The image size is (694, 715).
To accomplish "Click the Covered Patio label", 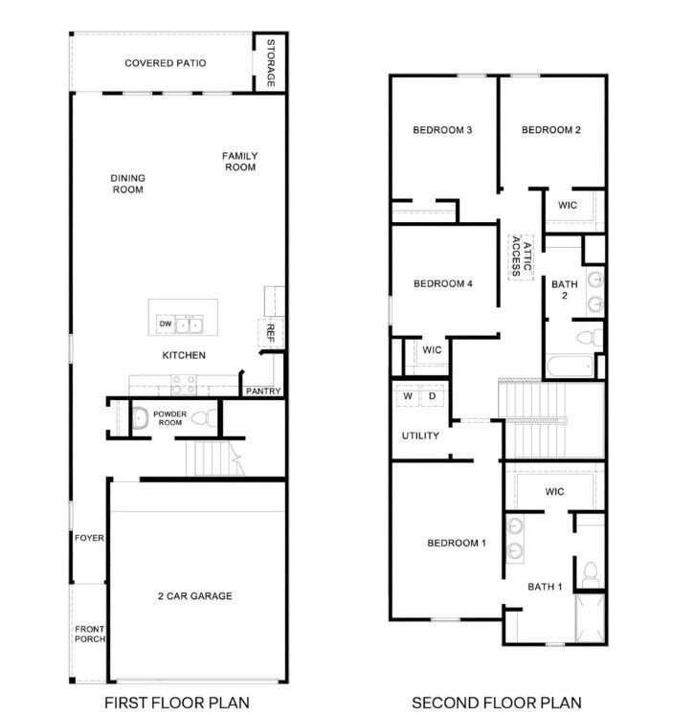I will point(165,63).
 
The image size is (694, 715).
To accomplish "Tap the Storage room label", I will point(271,63).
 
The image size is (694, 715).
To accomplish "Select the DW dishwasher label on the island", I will point(165,324).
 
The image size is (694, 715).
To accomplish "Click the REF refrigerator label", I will point(271,332).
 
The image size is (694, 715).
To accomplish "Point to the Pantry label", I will point(262,391).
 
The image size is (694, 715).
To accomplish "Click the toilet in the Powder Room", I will point(203,417).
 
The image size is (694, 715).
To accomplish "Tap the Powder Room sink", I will point(138,417).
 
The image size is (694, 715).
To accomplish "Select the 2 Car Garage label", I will point(195,596).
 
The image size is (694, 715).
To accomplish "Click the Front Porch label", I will point(90,633).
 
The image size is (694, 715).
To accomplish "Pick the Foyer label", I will point(89,538).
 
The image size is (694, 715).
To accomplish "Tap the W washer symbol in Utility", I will point(407,395).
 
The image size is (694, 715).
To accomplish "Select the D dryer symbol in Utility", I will point(432,395).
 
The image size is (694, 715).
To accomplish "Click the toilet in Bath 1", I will point(591,573).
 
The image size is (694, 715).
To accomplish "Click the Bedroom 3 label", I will point(442,130).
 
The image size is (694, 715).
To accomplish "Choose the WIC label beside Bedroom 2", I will point(567,204).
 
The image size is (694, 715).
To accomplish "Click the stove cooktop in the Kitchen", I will point(183,384).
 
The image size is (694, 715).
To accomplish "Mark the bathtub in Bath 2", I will point(570,365).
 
